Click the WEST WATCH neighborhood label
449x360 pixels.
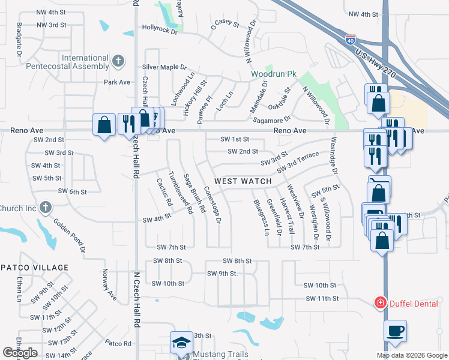243,181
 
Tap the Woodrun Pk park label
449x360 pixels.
274,74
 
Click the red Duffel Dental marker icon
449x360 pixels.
379,303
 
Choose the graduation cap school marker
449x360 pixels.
180,343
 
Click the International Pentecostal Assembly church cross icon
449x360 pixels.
118,61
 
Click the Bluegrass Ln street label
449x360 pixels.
261,217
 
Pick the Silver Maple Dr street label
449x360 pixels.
164,68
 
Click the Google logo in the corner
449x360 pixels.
20,353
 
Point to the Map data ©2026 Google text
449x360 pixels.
411,355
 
